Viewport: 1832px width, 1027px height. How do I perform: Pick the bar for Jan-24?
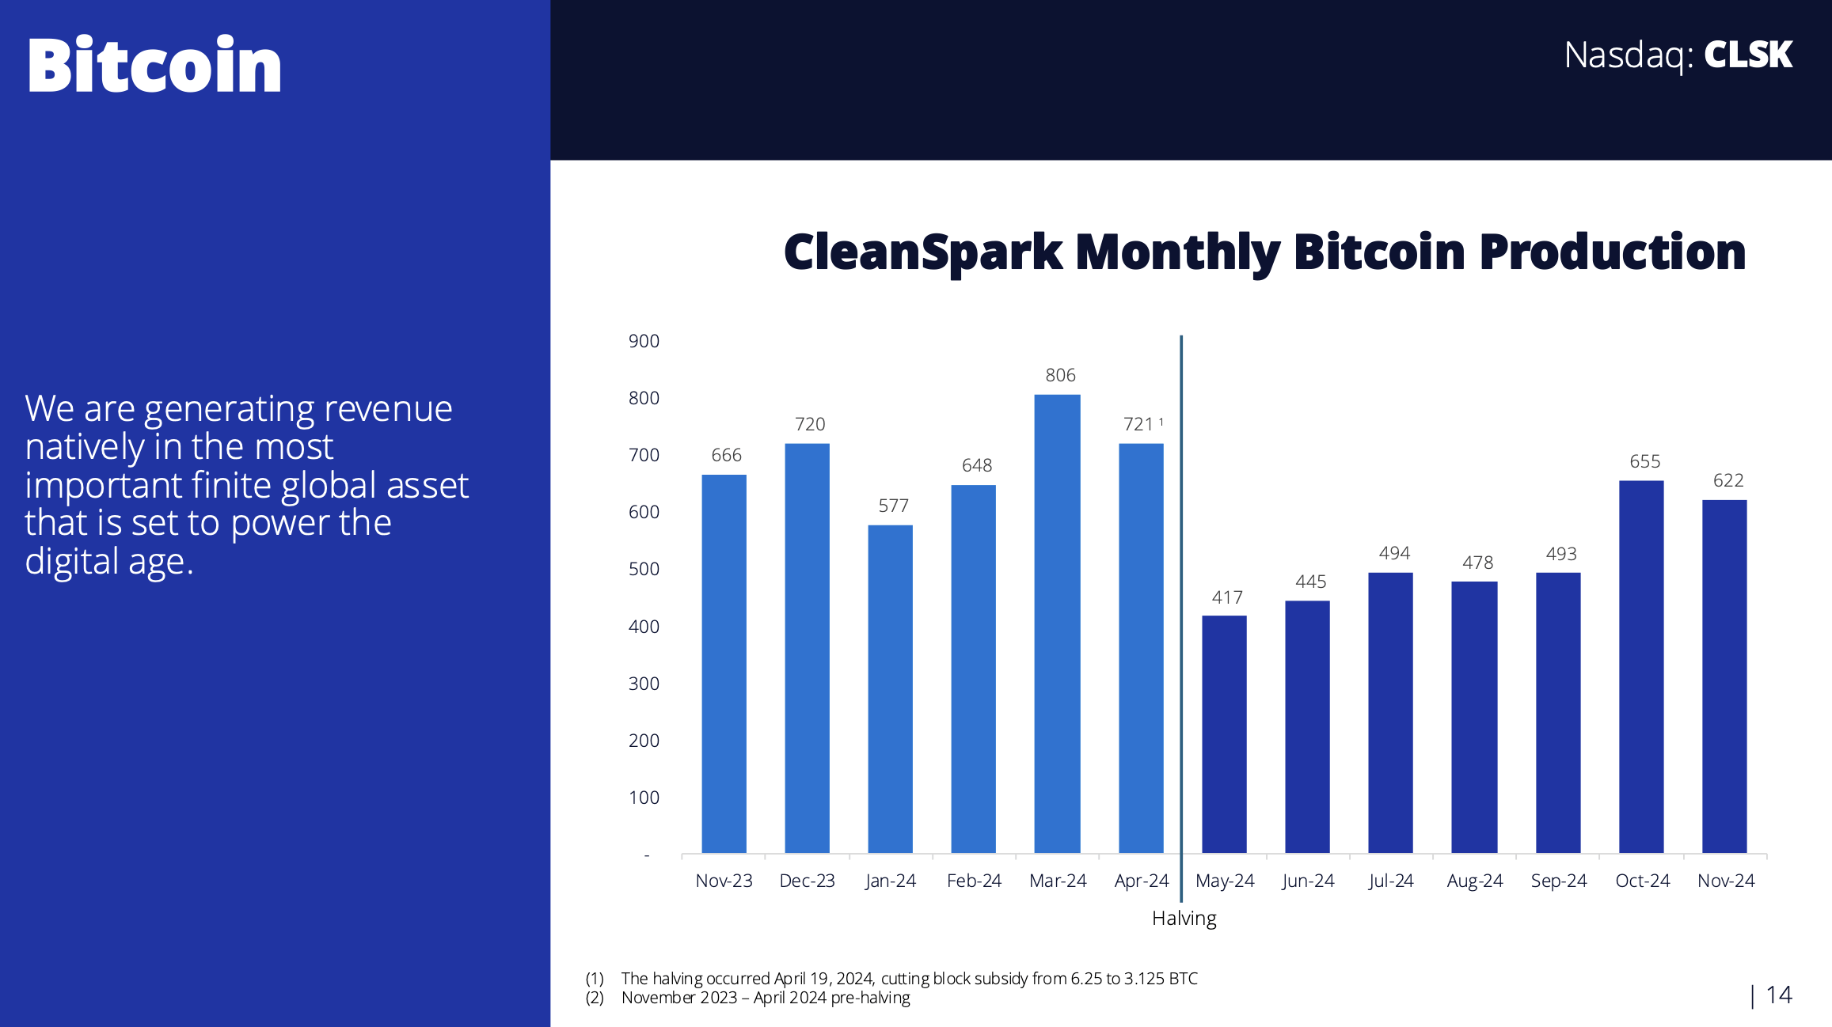890,688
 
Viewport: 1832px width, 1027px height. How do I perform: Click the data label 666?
726,455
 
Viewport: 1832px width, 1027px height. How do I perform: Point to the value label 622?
1728,480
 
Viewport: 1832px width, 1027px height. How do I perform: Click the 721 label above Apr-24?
1138,424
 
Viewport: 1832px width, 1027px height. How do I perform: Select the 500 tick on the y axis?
644,569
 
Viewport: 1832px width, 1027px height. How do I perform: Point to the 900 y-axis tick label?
644,341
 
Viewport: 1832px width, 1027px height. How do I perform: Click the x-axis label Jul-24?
1391,881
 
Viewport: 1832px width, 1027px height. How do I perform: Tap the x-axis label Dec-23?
807,881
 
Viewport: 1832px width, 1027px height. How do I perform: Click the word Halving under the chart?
1184,918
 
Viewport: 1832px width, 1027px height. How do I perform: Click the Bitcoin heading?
154,65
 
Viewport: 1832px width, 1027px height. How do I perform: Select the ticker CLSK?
1747,55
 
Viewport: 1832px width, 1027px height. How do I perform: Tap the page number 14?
1778,995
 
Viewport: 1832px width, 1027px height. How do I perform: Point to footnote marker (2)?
595,998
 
